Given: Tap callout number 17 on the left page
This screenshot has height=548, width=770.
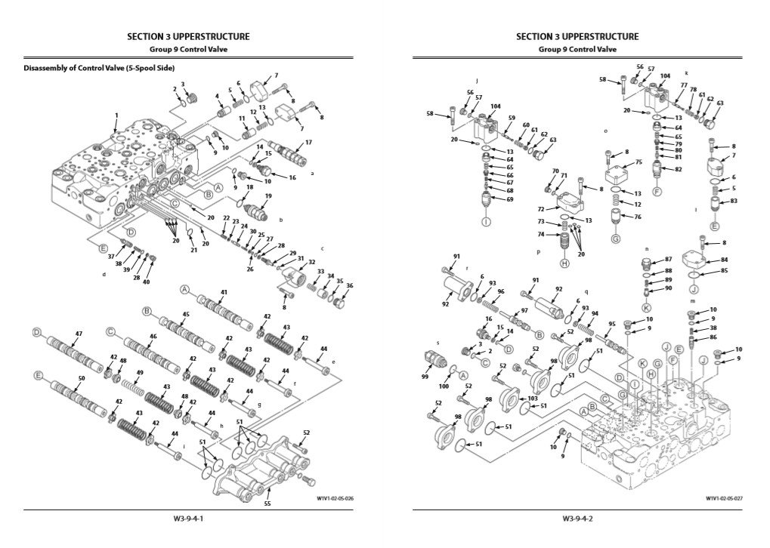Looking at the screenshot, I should pos(308,142).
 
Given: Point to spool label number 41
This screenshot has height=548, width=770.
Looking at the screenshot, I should pos(224,292).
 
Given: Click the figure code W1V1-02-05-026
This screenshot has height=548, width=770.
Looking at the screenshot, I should pos(336,499).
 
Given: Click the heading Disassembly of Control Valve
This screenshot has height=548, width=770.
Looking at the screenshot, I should pos(99,68).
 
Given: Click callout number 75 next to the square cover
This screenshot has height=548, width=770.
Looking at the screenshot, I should pos(639,162).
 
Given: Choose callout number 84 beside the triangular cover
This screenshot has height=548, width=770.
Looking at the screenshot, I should pos(724,260).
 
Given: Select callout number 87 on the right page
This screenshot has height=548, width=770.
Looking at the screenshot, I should pos(668,259).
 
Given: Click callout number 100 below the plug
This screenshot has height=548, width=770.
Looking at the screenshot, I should pos(444,387).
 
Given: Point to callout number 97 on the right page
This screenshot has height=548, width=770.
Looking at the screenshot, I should pos(524,310).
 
